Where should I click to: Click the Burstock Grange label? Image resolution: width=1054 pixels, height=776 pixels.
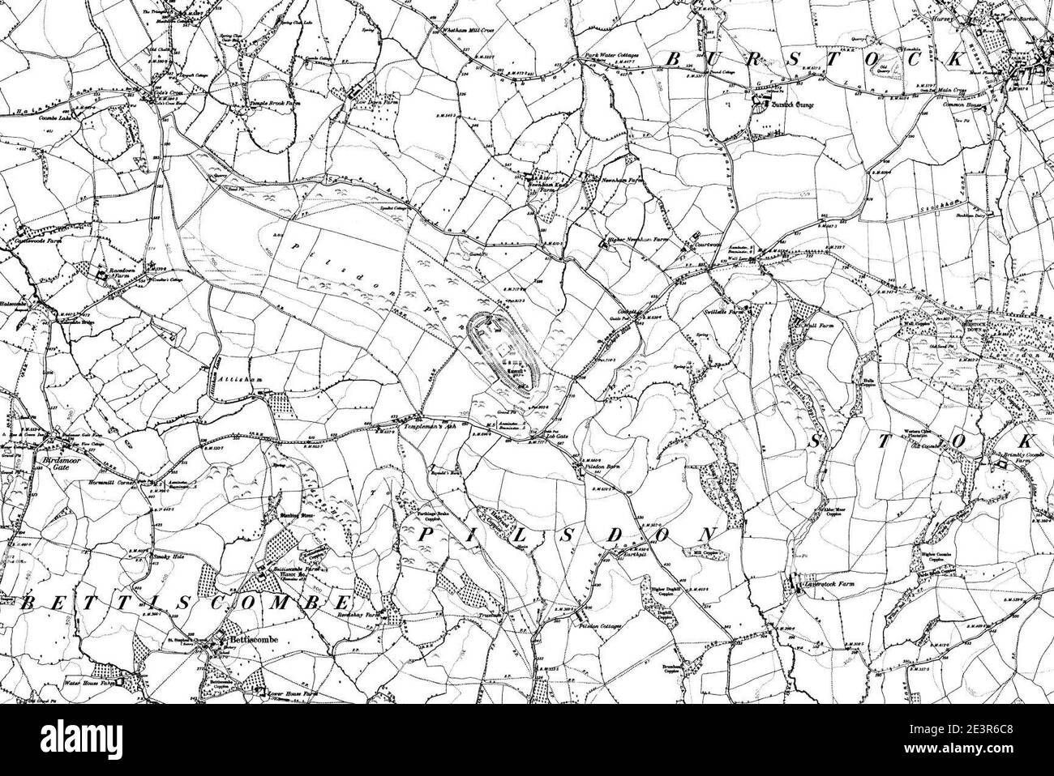point(790,104)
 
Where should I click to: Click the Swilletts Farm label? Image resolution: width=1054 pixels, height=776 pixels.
point(725,310)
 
